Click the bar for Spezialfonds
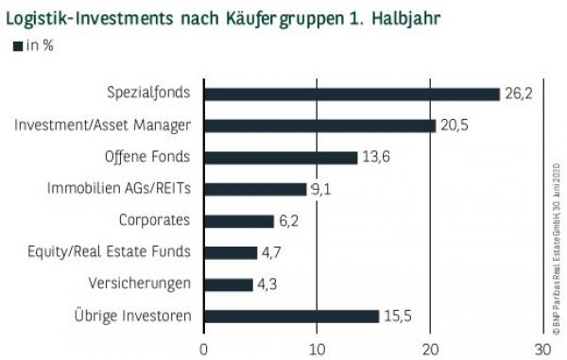[x=352, y=94]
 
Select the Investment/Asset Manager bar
[x=319, y=125]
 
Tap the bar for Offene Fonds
[x=281, y=157]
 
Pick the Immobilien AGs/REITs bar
[x=255, y=189]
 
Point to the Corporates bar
[x=239, y=221]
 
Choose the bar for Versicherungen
[x=229, y=284]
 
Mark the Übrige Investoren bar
[x=291, y=317]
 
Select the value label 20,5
[x=455, y=125]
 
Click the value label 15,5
[x=398, y=316]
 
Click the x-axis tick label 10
[x=318, y=349]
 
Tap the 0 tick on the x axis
[x=204, y=349]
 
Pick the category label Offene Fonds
[x=146, y=157]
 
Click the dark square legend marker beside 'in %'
[x=16, y=45]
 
